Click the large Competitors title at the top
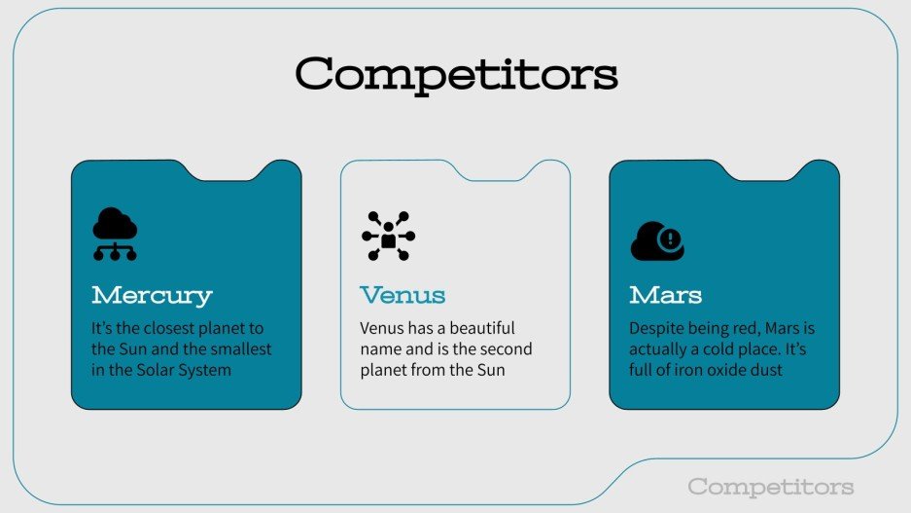(x=456, y=74)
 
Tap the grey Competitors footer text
(x=770, y=487)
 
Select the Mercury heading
(x=152, y=295)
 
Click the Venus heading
(x=403, y=295)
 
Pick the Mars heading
(x=666, y=295)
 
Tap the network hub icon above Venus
(x=388, y=236)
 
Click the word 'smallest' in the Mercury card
(x=241, y=348)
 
